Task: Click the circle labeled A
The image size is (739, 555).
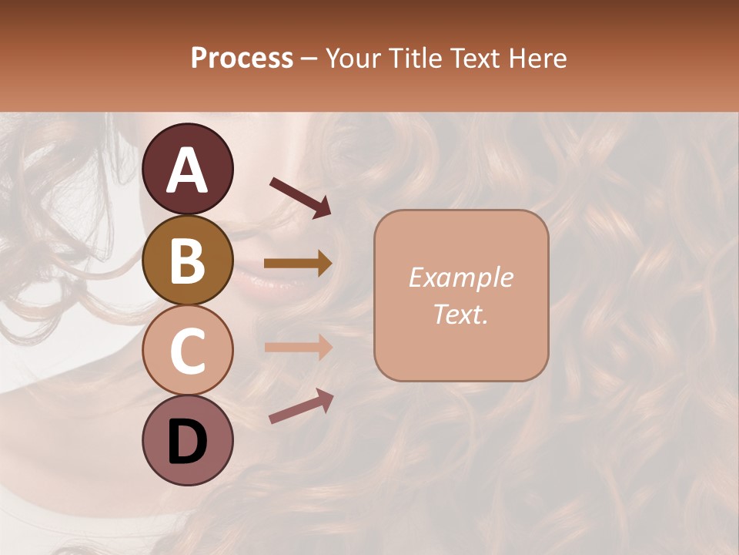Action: coord(188,169)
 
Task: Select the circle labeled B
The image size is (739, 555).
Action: coord(188,260)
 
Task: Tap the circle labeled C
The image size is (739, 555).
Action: coord(188,350)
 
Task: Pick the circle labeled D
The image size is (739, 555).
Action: coord(188,440)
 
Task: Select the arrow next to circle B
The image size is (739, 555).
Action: coord(298,264)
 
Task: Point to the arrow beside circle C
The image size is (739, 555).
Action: coord(298,347)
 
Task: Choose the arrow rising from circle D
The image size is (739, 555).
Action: coord(301,407)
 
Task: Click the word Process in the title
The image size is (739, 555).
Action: coord(242,58)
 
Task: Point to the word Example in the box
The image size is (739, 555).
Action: coord(460,278)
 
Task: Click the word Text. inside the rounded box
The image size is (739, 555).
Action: coord(460,314)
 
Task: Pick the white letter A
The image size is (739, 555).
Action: coord(188,170)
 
